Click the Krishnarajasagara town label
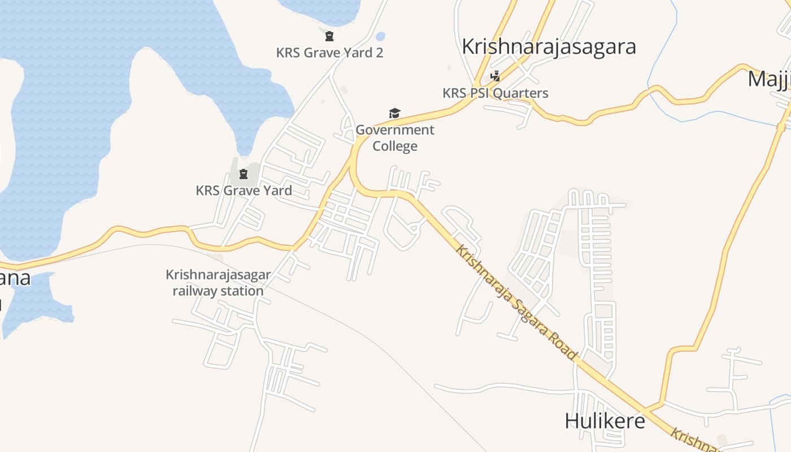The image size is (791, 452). (x=549, y=46)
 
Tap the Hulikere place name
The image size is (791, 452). (x=605, y=421)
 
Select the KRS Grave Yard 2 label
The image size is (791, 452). (x=329, y=53)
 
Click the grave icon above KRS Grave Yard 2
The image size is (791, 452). (x=329, y=37)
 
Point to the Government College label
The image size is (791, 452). (x=395, y=138)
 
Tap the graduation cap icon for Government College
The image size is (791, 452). (x=394, y=114)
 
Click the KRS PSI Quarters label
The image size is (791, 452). (x=495, y=93)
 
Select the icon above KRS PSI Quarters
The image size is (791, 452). (x=495, y=76)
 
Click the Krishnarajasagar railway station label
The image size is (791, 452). (x=218, y=282)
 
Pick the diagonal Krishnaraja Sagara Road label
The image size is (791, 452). (x=516, y=302)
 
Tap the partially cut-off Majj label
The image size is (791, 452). (x=769, y=79)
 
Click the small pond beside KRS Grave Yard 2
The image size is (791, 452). (x=380, y=37)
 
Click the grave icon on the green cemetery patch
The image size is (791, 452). (x=244, y=173)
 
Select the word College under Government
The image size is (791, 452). (x=395, y=146)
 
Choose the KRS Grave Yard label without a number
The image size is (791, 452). (x=244, y=190)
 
